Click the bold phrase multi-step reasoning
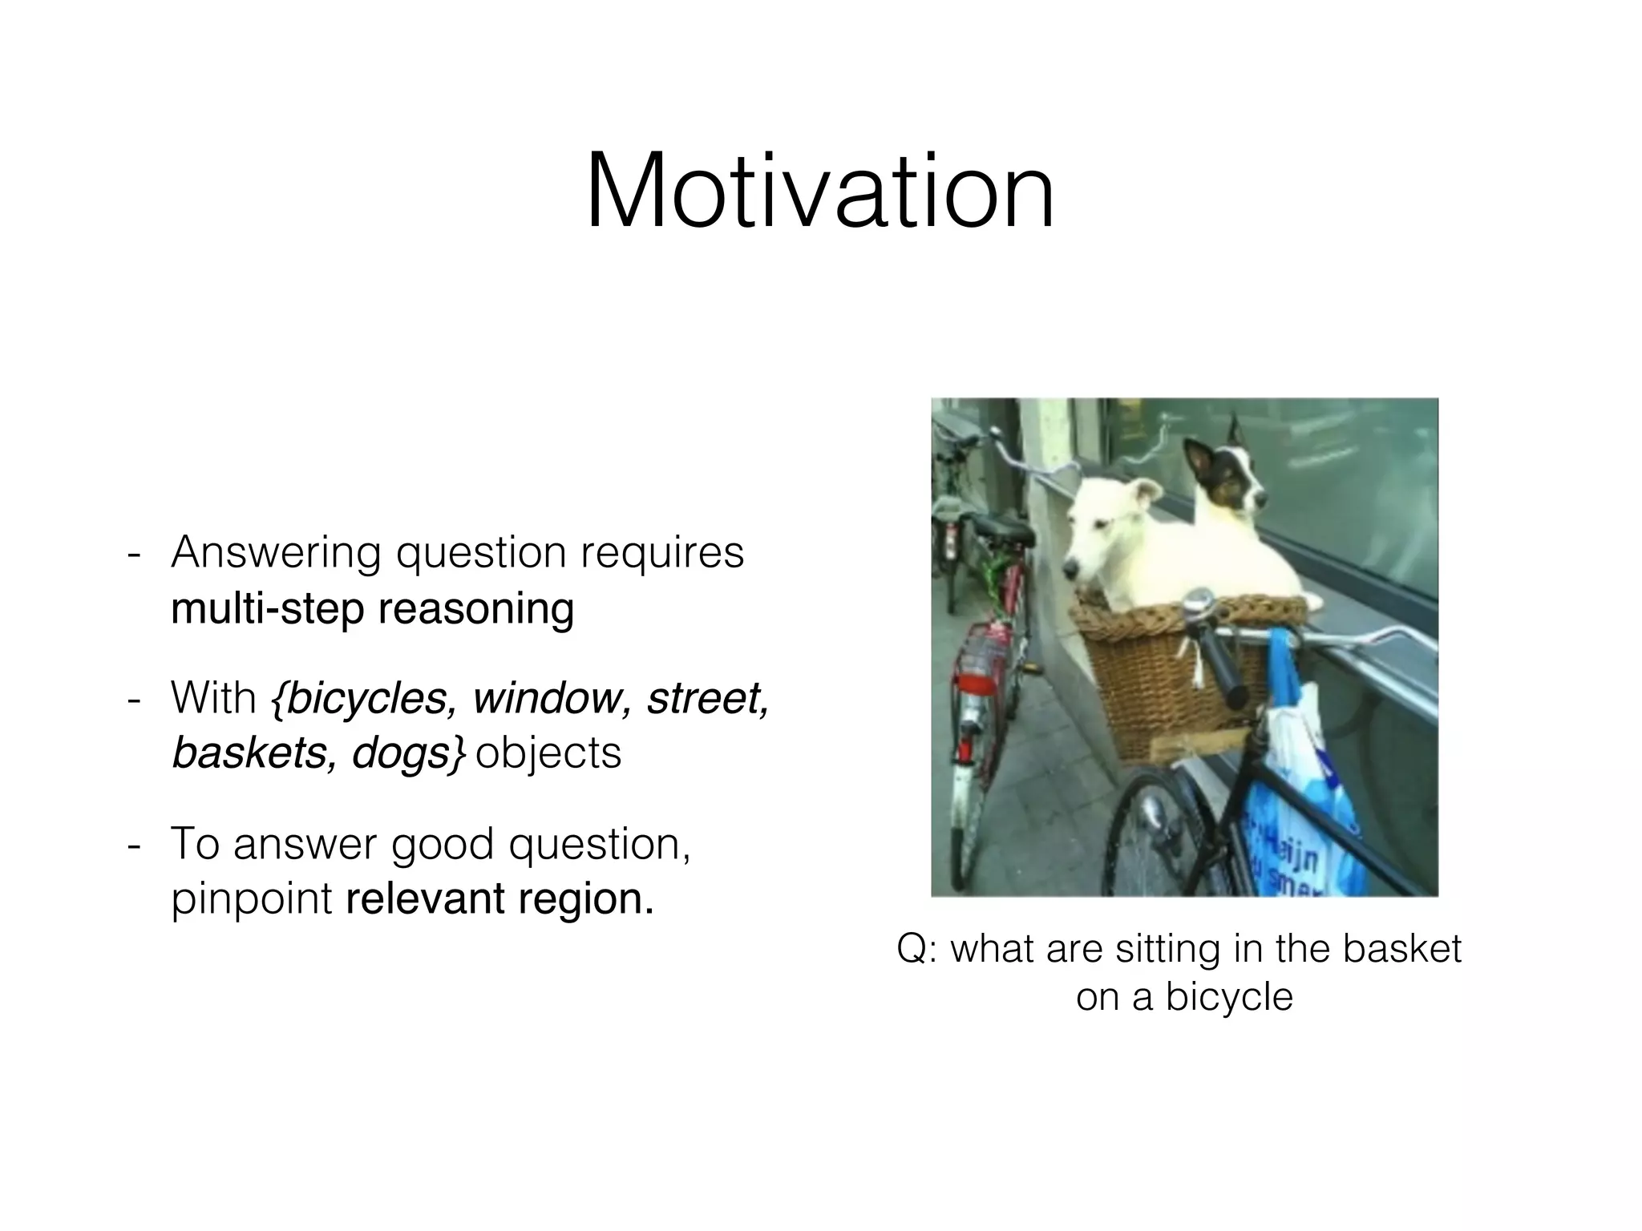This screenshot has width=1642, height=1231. coord(372,609)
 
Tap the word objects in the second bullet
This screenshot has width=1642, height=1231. coord(549,753)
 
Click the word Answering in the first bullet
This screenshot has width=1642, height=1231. coord(275,554)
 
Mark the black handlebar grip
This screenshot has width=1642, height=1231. coord(1225,674)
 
